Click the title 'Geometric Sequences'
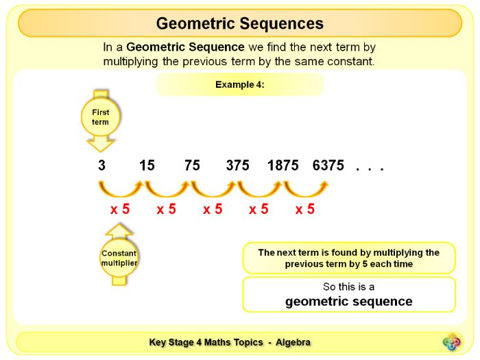239,23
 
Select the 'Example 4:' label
240,85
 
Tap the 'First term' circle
100,117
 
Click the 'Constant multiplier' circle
119,258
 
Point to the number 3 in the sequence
101,166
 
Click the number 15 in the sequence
147,166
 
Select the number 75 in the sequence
192,166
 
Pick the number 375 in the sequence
238,166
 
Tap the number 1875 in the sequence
283,166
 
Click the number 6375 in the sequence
328,166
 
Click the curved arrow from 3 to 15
120,189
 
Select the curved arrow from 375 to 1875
259,189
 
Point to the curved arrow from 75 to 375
213,189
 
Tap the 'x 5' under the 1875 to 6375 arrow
305,209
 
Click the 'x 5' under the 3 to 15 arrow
120,209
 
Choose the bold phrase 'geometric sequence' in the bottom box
348,301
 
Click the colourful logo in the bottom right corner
452,341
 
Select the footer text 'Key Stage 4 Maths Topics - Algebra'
230,342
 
